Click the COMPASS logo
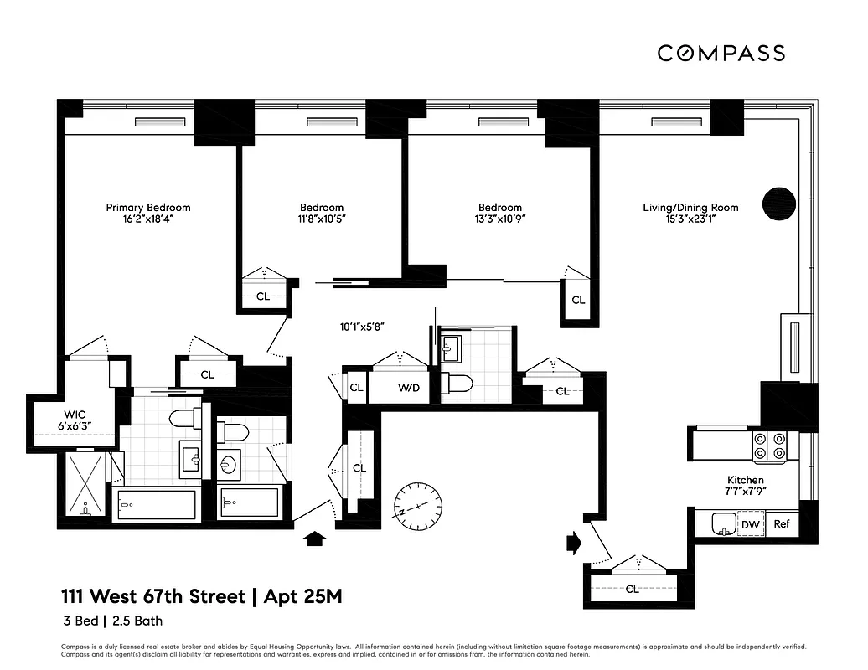pyautogui.click(x=721, y=53)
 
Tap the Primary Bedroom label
pyautogui.click(x=147, y=208)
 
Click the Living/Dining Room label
pyautogui.click(x=690, y=208)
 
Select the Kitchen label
pyautogui.click(x=744, y=480)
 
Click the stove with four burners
pyautogui.click(x=770, y=446)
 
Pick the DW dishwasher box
pyautogui.click(x=750, y=525)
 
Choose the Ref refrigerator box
pyautogui.click(x=782, y=525)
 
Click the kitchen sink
pyautogui.click(x=720, y=524)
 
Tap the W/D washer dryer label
pyautogui.click(x=409, y=388)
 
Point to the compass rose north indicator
pyautogui.click(x=418, y=505)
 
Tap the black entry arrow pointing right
pyautogui.click(x=574, y=543)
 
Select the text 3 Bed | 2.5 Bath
pyautogui.click(x=111, y=621)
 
